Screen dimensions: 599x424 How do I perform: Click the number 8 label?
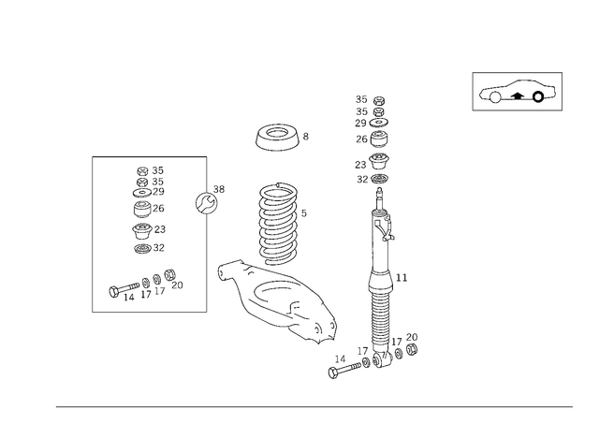[x=306, y=137]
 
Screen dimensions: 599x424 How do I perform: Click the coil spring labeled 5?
[x=278, y=224]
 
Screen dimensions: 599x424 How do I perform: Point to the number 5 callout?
[x=303, y=213]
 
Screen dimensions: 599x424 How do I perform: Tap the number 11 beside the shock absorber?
[x=402, y=278]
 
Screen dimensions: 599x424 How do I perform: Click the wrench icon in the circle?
[x=206, y=203]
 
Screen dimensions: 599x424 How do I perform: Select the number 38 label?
[x=219, y=189]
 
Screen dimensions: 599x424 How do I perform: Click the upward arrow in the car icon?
[x=517, y=95]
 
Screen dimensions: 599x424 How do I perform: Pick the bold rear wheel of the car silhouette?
[x=538, y=97]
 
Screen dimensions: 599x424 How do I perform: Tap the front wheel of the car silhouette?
[x=495, y=97]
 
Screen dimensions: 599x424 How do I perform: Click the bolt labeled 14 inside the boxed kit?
[x=124, y=289]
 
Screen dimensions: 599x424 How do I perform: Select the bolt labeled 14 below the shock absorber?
[x=343, y=370]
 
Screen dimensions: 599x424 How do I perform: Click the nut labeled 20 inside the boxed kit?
[x=169, y=274]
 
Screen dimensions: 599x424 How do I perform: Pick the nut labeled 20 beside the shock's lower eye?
[x=412, y=349]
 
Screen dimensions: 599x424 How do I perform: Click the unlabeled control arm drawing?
[x=276, y=301]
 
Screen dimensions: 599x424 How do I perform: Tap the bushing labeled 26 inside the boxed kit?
[x=142, y=209]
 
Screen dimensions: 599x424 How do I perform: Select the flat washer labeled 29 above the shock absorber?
[x=379, y=123]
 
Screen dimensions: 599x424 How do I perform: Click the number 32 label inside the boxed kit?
[x=158, y=248]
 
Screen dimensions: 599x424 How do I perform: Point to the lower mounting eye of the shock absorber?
[x=383, y=359]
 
